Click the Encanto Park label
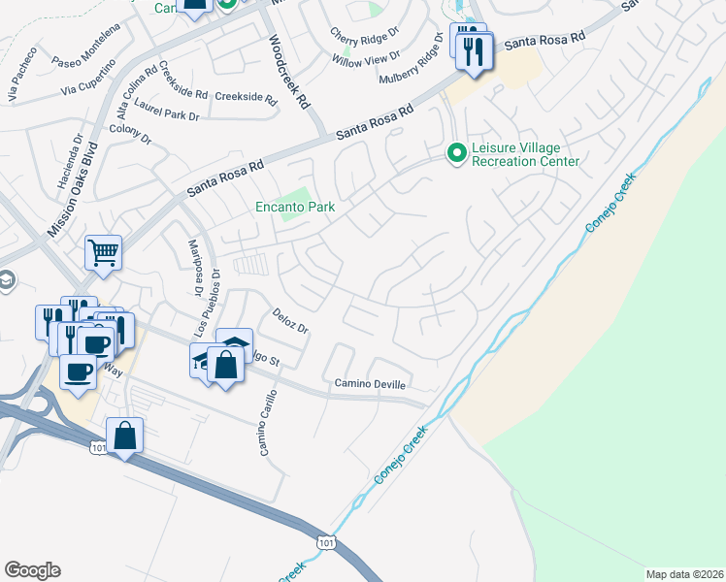[x=295, y=206]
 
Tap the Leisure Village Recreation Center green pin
[x=455, y=153]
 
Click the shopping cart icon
[x=103, y=254]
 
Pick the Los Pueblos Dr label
[x=210, y=304]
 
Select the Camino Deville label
[x=371, y=384]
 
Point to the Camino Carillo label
[x=266, y=423]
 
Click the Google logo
[x=32, y=570]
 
